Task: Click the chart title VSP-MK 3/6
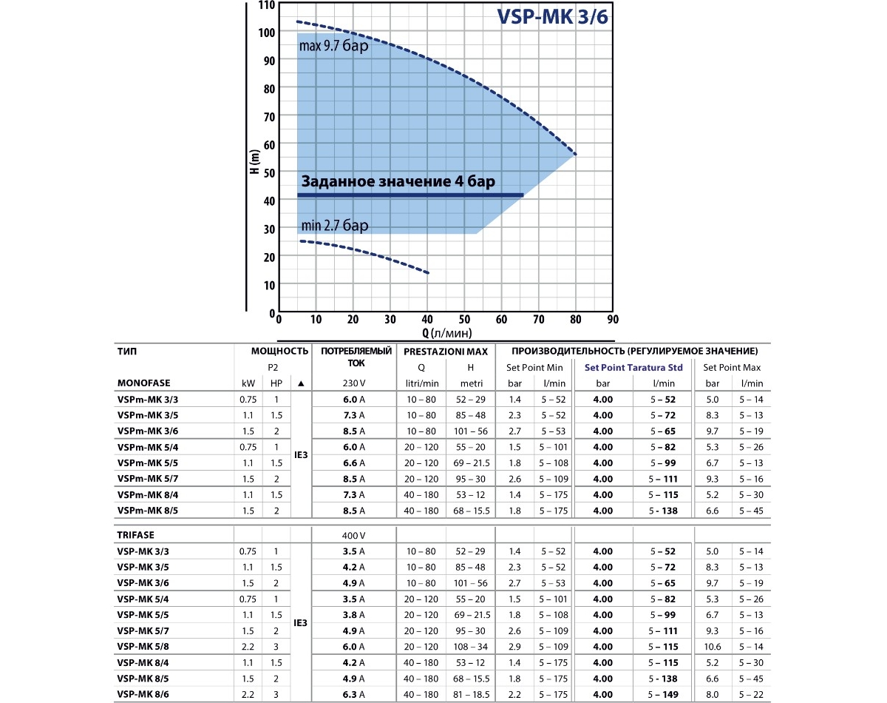553,17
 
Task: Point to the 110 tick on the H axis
266,5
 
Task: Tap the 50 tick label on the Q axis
464,320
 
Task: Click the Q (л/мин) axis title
447,332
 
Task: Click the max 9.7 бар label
333,46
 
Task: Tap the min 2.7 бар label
333,225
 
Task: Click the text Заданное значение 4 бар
398,181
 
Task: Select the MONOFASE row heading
143,383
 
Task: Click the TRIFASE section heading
137,534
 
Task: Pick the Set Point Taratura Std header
633,367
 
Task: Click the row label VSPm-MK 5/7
148,479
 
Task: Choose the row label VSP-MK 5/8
143,647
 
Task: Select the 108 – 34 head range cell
470,647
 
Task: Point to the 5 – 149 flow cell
664,694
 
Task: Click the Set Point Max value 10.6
713,647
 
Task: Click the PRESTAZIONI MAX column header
446,351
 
